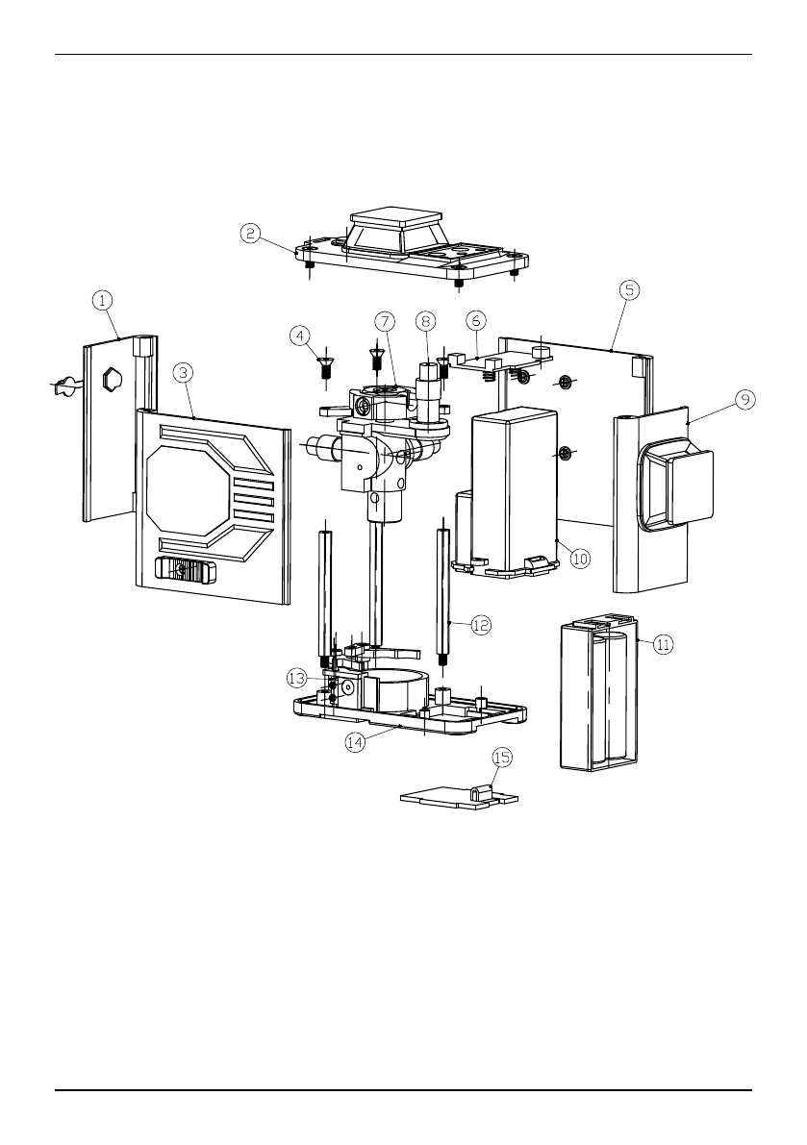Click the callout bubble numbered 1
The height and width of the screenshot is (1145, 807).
103,299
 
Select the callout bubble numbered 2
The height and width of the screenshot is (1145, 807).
250,234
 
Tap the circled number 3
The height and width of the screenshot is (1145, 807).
184,372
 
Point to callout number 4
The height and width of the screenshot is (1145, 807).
299,336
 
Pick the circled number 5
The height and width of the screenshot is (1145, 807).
629,290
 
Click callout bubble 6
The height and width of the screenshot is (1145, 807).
476,320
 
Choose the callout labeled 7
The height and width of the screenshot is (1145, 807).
386,320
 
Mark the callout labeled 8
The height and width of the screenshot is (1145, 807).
426,320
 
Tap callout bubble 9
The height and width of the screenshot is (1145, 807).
744,399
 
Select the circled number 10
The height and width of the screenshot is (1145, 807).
580,559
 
